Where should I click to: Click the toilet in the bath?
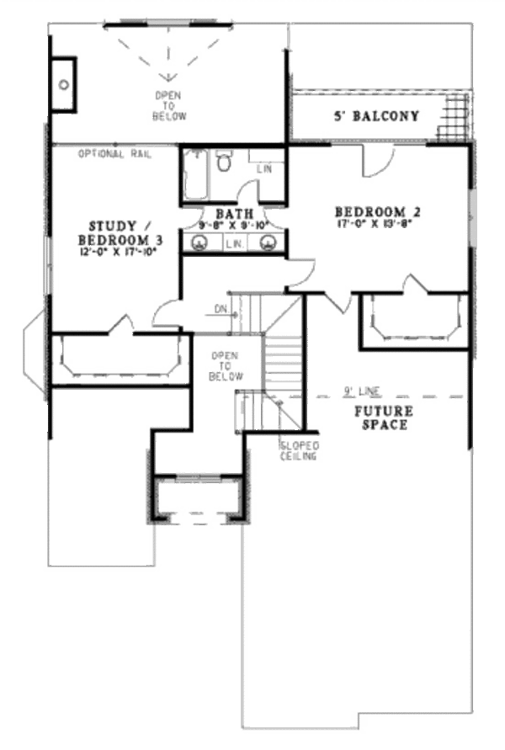(x=224, y=162)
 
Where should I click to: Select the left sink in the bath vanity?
(x=200, y=242)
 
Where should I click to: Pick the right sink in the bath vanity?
(x=268, y=242)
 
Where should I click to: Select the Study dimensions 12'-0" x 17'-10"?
(x=123, y=251)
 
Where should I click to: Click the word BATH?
(x=229, y=214)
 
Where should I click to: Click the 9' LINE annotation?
(x=362, y=391)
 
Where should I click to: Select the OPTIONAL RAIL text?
(x=114, y=154)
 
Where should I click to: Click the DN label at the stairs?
(x=221, y=309)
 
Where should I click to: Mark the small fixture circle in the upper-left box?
(x=63, y=84)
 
